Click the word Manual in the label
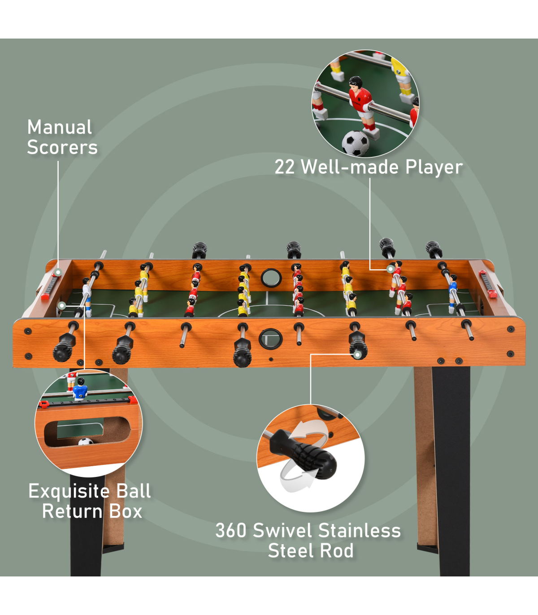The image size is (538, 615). pos(60,127)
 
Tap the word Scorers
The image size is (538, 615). pos(62,147)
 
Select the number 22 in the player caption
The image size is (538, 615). pos(285,167)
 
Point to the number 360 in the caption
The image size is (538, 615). pos(231,531)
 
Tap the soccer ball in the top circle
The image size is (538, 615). pos(356,143)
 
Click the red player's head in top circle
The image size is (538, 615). pos(356,82)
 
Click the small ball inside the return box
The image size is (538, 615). pos(85,442)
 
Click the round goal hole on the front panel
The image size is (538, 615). pos(270,339)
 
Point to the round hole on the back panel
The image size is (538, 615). pos(271,278)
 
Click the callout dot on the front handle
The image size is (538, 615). pos(357,355)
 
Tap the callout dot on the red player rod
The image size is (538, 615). pos(390,269)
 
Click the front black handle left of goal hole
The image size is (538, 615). pos(242,352)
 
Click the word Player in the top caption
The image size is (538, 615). pos(434,167)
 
